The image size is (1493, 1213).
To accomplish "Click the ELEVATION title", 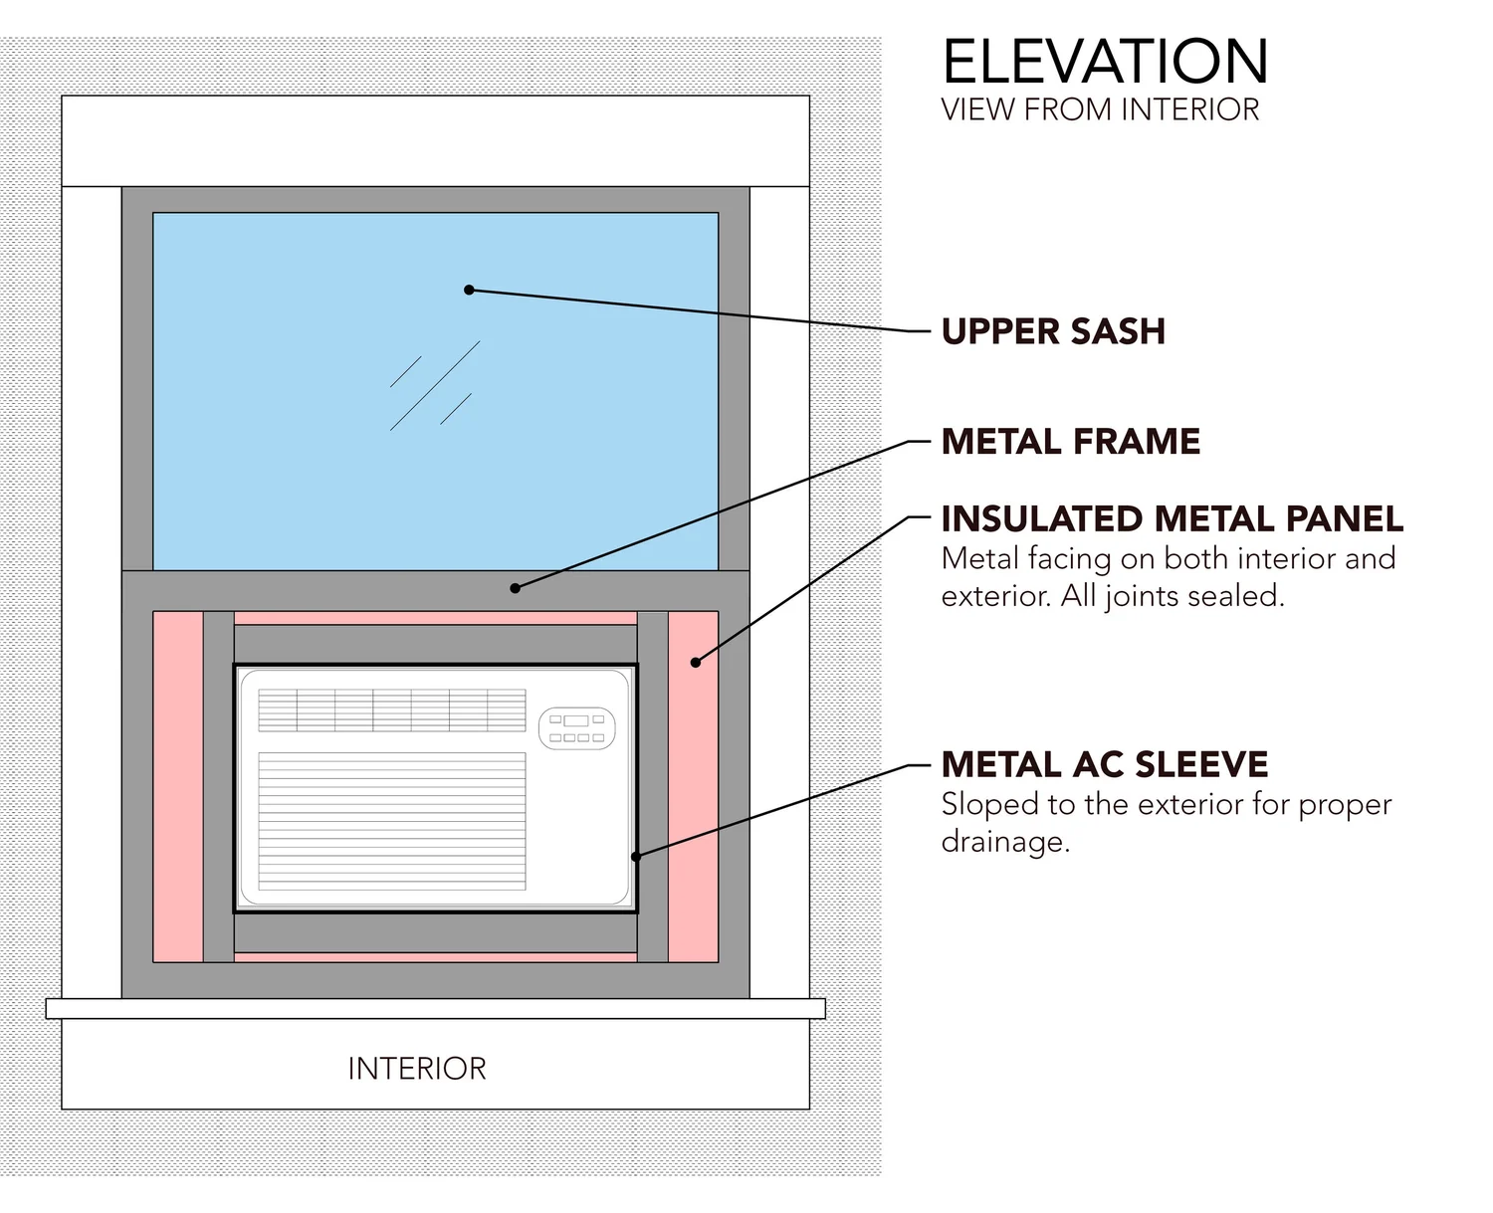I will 1105,62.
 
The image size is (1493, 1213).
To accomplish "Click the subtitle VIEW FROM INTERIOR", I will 1100,109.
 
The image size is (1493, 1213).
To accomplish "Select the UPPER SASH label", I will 1053,331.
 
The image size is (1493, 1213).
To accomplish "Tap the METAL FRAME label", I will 1070,441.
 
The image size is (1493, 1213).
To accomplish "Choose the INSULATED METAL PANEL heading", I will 1172,518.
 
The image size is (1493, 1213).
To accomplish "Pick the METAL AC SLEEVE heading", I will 1104,764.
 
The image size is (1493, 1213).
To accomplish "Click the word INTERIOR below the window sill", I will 417,1069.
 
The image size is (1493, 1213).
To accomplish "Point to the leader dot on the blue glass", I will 469,290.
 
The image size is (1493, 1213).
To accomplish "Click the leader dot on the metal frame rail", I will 515,588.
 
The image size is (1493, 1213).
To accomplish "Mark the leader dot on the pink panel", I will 696,662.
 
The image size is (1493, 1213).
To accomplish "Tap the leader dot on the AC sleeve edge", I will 636,856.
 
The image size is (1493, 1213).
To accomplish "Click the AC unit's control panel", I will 577,728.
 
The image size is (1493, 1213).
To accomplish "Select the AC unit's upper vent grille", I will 391,709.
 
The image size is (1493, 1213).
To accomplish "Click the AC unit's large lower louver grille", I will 391,821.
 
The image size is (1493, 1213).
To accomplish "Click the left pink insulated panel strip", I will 177,786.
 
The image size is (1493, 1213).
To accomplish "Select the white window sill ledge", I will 435,1008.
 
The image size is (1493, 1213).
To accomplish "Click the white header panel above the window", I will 435,140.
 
